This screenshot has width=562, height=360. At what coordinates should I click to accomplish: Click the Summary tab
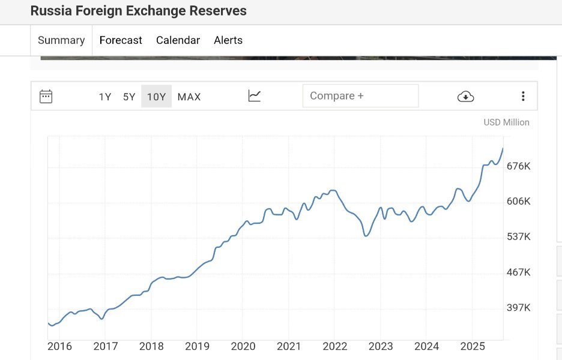coord(61,40)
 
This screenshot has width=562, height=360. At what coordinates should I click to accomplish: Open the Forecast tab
coord(121,40)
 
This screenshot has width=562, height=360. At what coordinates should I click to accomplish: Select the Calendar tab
coord(178,40)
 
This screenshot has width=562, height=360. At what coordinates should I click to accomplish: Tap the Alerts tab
coord(228,40)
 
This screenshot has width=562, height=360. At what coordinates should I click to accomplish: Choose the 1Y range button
coord(105,97)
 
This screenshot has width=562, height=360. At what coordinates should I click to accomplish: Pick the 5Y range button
coord(129,97)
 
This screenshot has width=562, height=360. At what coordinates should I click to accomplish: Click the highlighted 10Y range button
coord(156,97)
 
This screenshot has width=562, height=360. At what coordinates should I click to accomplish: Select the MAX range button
coord(189,97)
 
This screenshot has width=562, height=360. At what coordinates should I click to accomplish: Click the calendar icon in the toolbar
coord(46,96)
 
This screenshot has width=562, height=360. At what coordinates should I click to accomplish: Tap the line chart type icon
coord(255,96)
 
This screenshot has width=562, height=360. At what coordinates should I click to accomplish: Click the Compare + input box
coord(360,96)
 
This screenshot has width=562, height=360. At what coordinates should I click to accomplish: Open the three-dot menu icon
coord(523,96)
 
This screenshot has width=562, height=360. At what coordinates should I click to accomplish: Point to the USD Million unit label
coord(506,122)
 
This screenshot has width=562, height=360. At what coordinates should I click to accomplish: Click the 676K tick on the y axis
coord(518,166)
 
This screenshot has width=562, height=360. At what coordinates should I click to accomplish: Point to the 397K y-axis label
coord(518,308)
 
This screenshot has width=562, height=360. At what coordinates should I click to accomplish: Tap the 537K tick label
coord(518,236)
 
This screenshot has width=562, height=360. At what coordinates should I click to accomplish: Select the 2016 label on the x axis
coord(59,346)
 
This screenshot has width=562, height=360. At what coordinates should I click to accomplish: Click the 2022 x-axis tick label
coord(335,346)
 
